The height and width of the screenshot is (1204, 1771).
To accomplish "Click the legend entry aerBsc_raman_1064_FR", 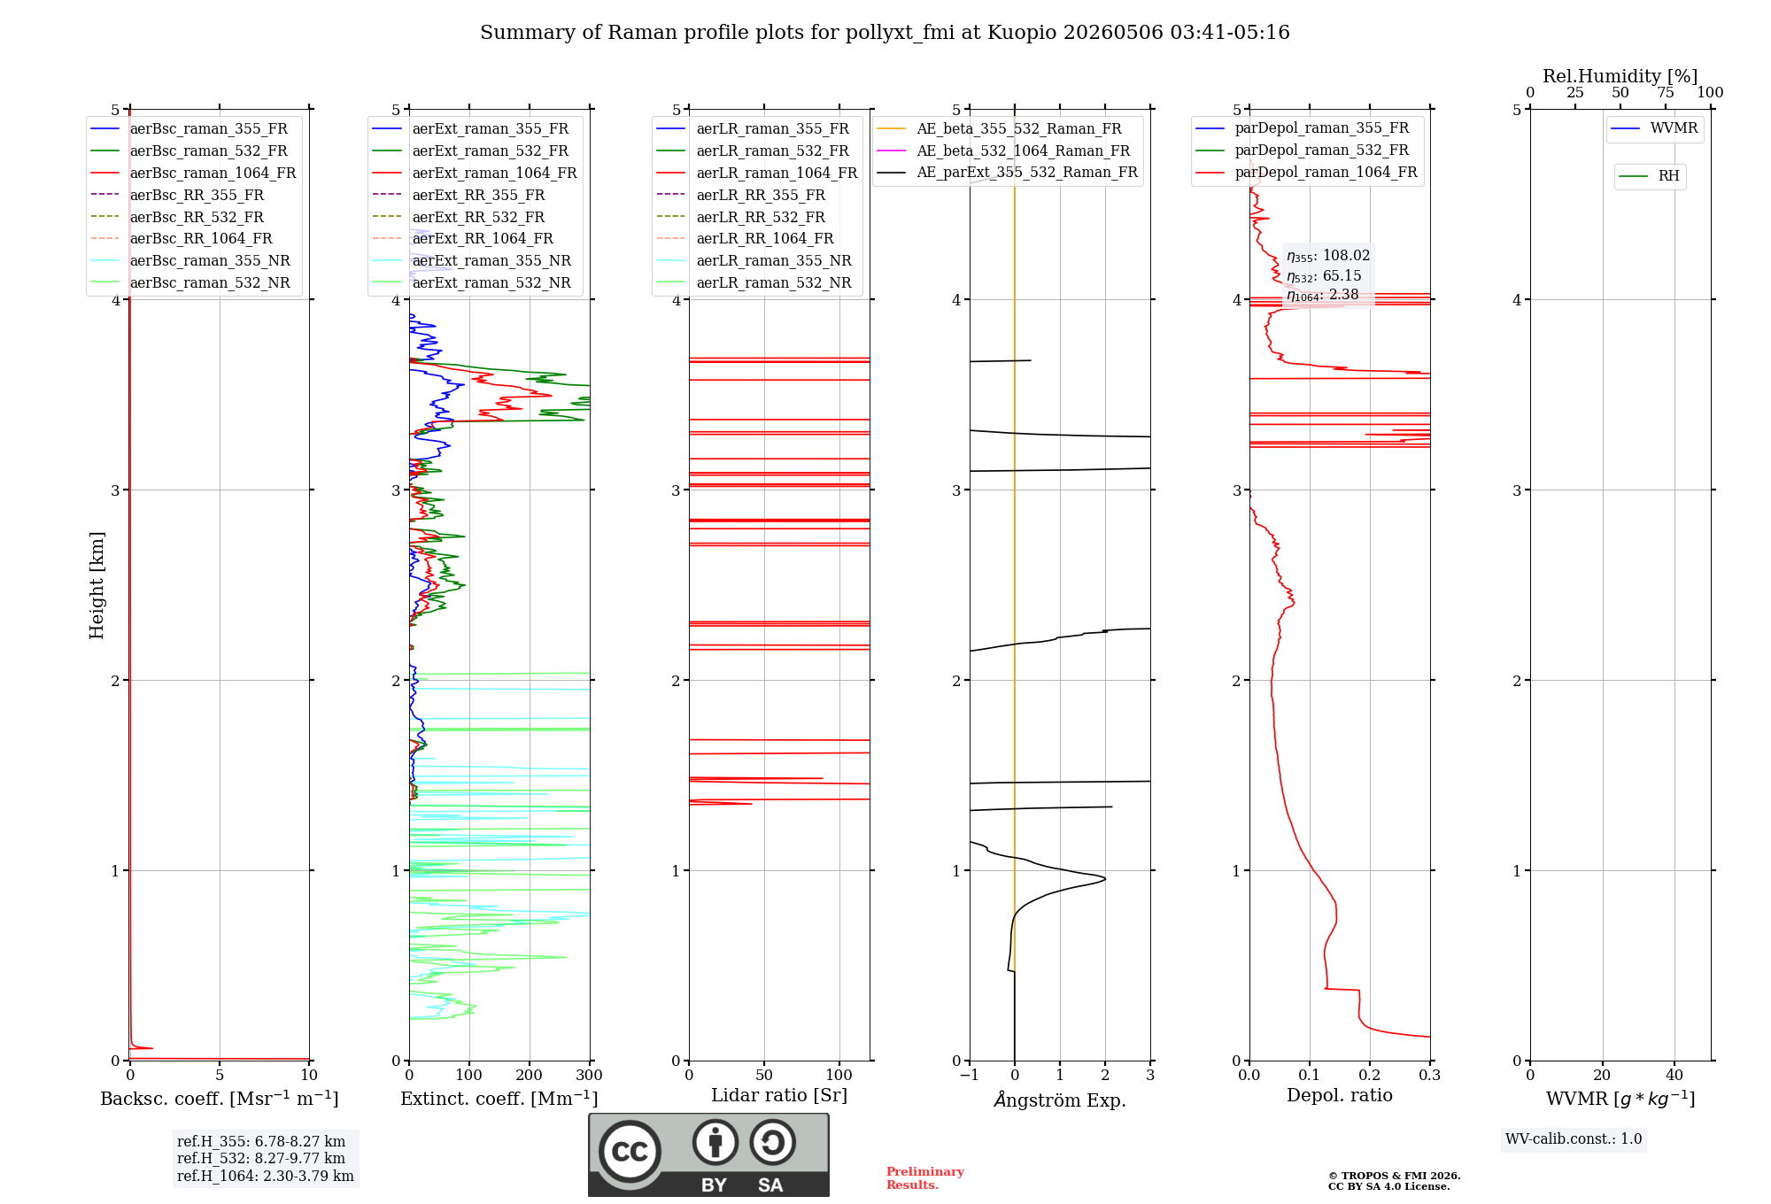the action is (x=193, y=173).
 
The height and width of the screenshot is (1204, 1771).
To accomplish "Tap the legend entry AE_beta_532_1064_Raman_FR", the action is (x=1004, y=150).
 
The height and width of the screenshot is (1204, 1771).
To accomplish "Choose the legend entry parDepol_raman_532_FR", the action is (x=1303, y=150).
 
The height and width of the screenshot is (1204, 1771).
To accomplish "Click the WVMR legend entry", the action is (x=1655, y=128).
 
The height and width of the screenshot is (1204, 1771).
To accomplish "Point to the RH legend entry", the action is (x=1650, y=176).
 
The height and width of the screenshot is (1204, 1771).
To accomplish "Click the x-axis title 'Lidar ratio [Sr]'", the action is (x=779, y=1095).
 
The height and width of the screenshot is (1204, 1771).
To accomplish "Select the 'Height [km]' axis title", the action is (x=97, y=585).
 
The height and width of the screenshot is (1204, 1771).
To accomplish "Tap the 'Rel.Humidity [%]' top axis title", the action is (x=1620, y=76).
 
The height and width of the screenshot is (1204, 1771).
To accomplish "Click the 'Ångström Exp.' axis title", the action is (x=1060, y=1100).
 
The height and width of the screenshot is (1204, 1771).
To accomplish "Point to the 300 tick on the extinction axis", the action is (x=590, y=1075).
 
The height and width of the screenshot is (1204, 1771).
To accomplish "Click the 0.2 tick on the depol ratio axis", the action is (x=1370, y=1075).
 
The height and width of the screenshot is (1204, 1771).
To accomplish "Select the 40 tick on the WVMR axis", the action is (x=1674, y=1075).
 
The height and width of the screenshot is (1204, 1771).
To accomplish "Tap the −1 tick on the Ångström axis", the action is (x=970, y=1075).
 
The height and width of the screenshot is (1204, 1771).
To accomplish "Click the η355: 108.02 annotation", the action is (x=1328, y=256).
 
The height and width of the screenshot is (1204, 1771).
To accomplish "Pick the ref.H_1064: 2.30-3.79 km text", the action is (x=266, y=1176).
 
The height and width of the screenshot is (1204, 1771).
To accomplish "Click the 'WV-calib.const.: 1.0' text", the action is (x=1574, y=1138).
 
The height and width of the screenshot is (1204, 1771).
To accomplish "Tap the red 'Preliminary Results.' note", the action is (x=925, y=1178).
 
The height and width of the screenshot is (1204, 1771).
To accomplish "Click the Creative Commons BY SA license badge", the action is (x=708, y=1155).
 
